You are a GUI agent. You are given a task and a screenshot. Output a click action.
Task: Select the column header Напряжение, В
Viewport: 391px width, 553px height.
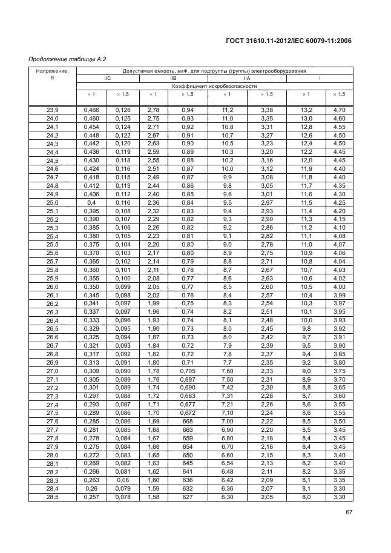[52, 75]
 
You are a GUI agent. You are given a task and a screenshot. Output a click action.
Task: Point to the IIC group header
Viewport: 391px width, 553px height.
[107, 79]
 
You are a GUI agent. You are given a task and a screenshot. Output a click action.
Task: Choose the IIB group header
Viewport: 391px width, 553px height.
[173, 79]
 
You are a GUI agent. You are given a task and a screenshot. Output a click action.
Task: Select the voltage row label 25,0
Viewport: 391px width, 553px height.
[52, 202]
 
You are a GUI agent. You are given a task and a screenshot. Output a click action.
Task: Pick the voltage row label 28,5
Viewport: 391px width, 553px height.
[52, 497]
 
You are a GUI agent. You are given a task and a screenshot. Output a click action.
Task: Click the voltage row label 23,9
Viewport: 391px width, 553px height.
[52, 110]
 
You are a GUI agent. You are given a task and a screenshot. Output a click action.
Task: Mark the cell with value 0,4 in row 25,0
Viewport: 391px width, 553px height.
[92, 202]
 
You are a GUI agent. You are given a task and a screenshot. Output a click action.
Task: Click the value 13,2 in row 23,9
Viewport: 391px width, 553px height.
[307, 110]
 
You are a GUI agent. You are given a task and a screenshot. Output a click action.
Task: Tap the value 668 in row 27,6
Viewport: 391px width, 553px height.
[189, 421]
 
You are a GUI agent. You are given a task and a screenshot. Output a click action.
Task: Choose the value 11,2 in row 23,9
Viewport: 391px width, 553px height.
[228, 110]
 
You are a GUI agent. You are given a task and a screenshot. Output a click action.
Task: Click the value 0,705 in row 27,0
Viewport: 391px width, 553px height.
[189, 371]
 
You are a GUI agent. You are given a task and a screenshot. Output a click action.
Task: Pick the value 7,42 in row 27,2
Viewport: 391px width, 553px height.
[228, 387]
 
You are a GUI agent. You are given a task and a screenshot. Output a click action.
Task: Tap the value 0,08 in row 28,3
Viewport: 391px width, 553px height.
[123, 480]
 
